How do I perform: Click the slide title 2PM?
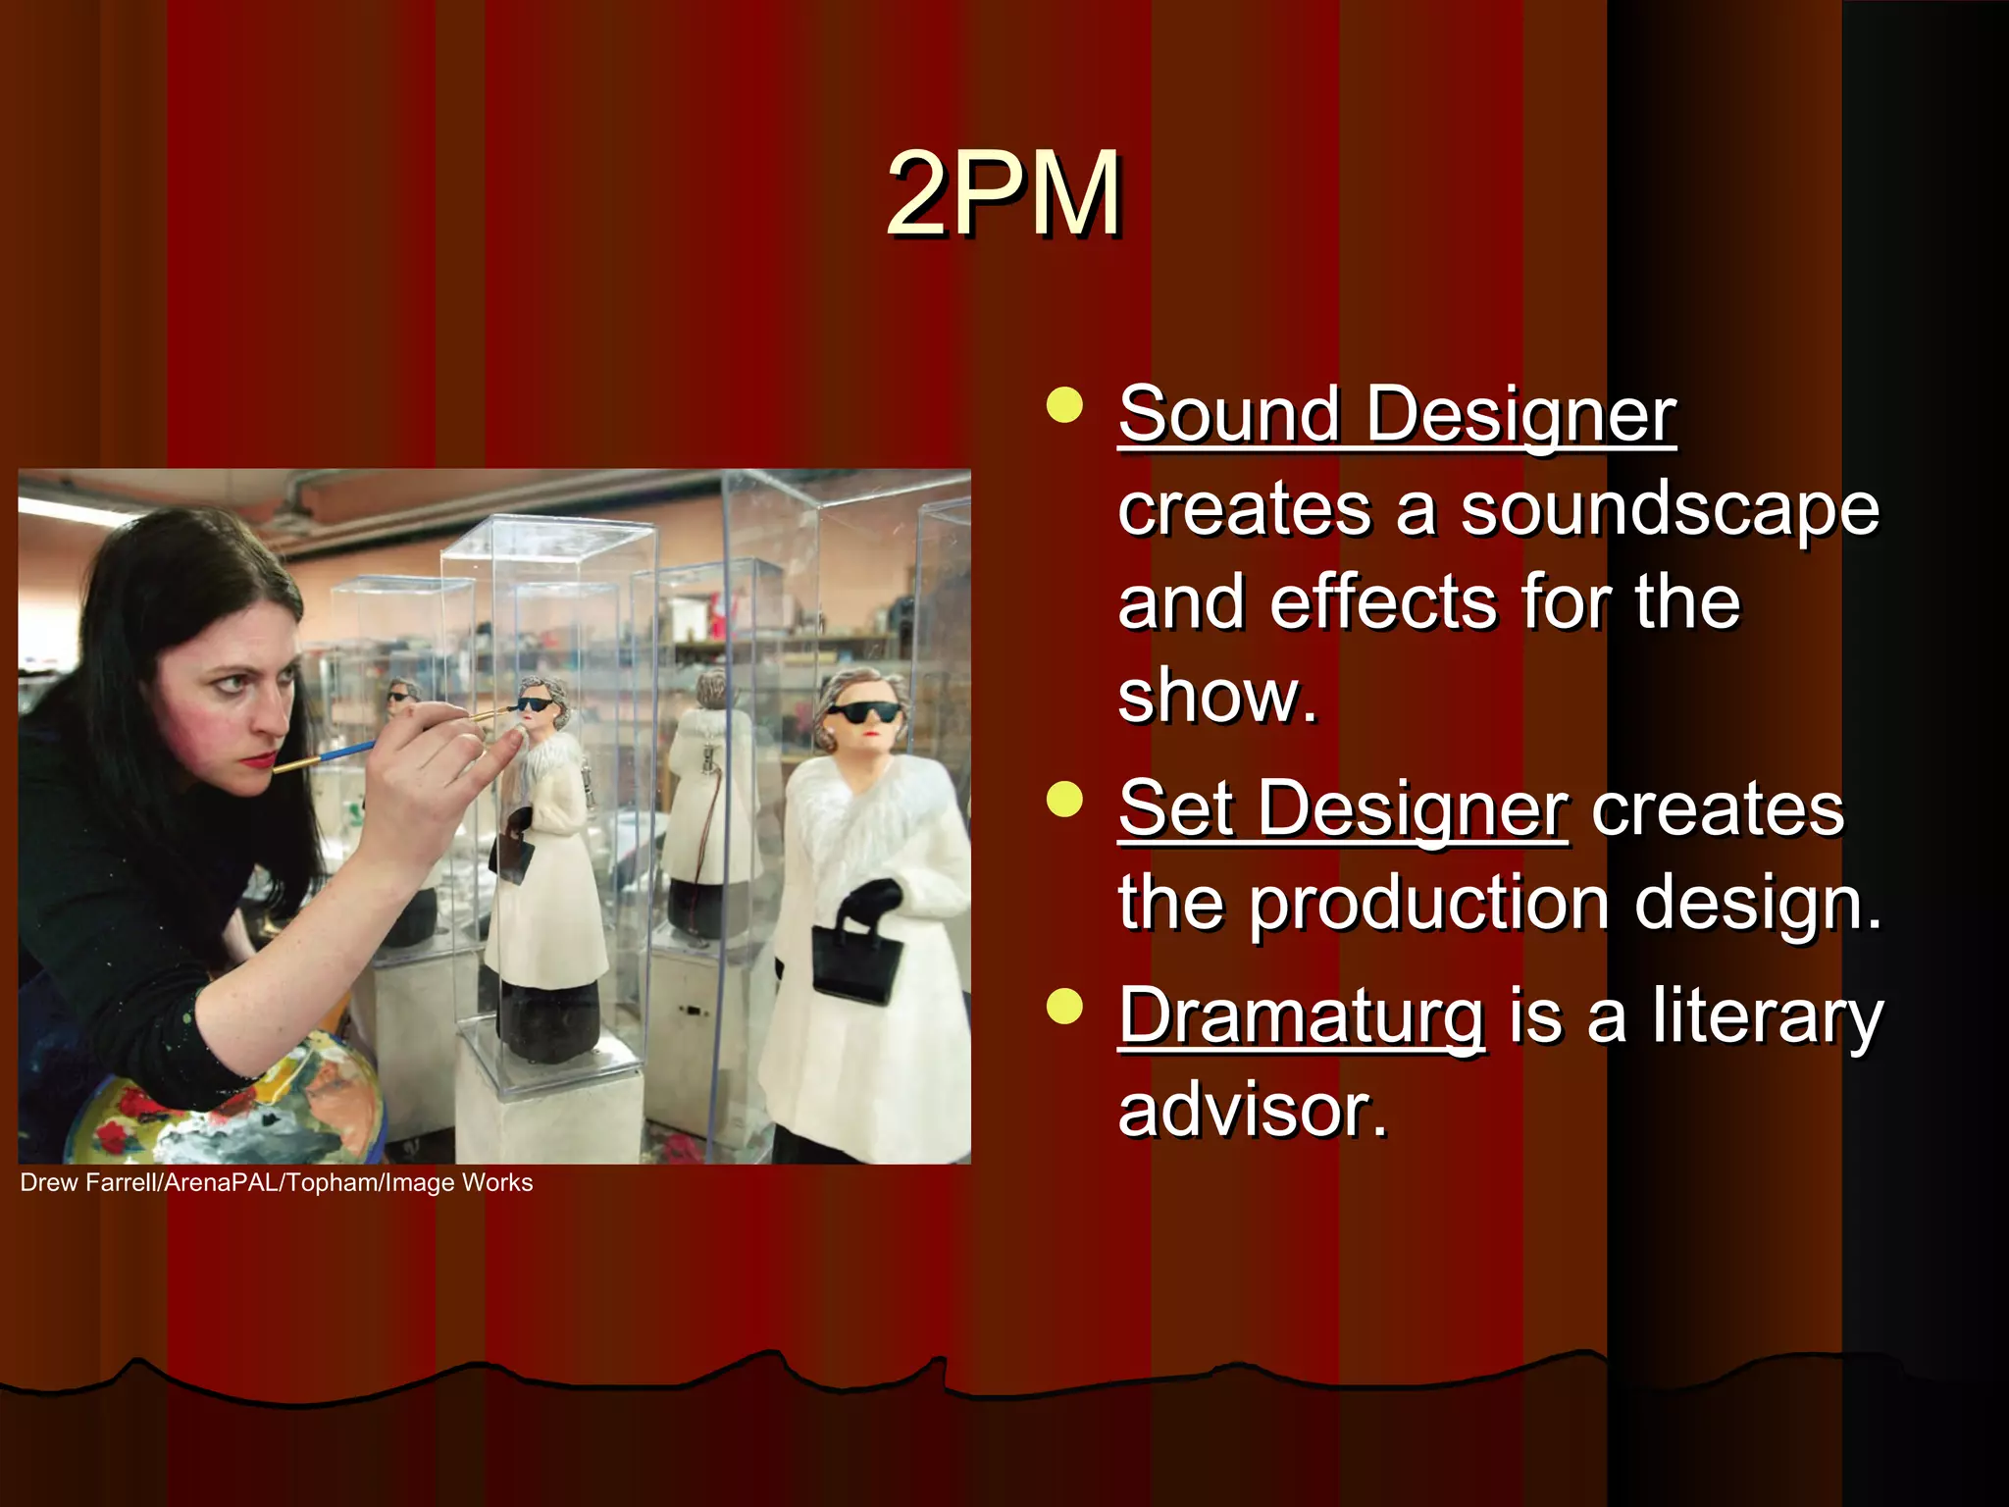click(1004, 193)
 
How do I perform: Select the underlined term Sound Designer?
click(1397, 415)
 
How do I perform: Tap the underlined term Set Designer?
click(1342, 809)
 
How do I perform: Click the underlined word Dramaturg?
click(1301, 1016)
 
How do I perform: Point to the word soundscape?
click(1670, 510)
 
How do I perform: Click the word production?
click(1429, 903)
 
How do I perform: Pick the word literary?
click(1767, 1016)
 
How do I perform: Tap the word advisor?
click(1253, 1111)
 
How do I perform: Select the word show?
click(1216, 697)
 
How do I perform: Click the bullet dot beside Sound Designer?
click(1064, 404)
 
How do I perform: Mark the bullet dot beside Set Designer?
click(1064, 799)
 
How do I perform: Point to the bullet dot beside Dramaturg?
click(1064, 1007)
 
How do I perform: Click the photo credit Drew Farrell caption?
click(276, 1183)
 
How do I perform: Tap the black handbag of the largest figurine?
click(856, 963)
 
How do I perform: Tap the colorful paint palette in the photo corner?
click(226, 1109)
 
